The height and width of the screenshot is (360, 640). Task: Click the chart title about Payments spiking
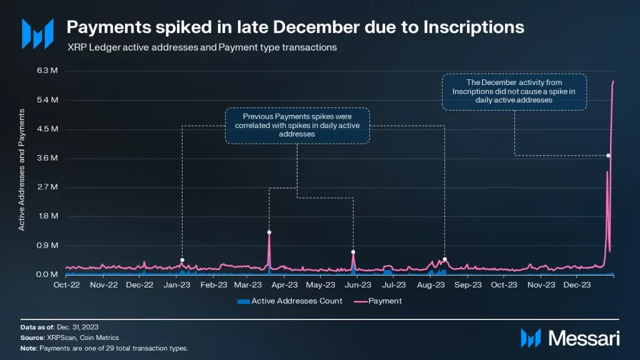(x=295, y=27)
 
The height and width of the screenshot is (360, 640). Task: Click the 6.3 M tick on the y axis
(x=48, y=71)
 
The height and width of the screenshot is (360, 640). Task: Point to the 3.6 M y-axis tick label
(x=48, y=158)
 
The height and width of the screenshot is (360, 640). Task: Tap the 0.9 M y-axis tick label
(x=48, y=246)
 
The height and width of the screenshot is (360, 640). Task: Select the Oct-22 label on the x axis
(x=66, y=284)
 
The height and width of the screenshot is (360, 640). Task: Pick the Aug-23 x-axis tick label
(x=430, y=284)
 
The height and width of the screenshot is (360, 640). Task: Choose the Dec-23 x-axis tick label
(x=577, y=284)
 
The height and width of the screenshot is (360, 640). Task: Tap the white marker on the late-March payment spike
(x=269, y=232)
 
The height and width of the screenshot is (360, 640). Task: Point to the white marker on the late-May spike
(x=353, y=252)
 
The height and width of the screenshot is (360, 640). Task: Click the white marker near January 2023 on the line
(x=182, y=260)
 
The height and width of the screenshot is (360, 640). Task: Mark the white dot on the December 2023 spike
(x=608, y=155)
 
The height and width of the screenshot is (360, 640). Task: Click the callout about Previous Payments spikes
(x=297, y=126)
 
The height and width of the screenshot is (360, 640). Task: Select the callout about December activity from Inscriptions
(x=514, y=91)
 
